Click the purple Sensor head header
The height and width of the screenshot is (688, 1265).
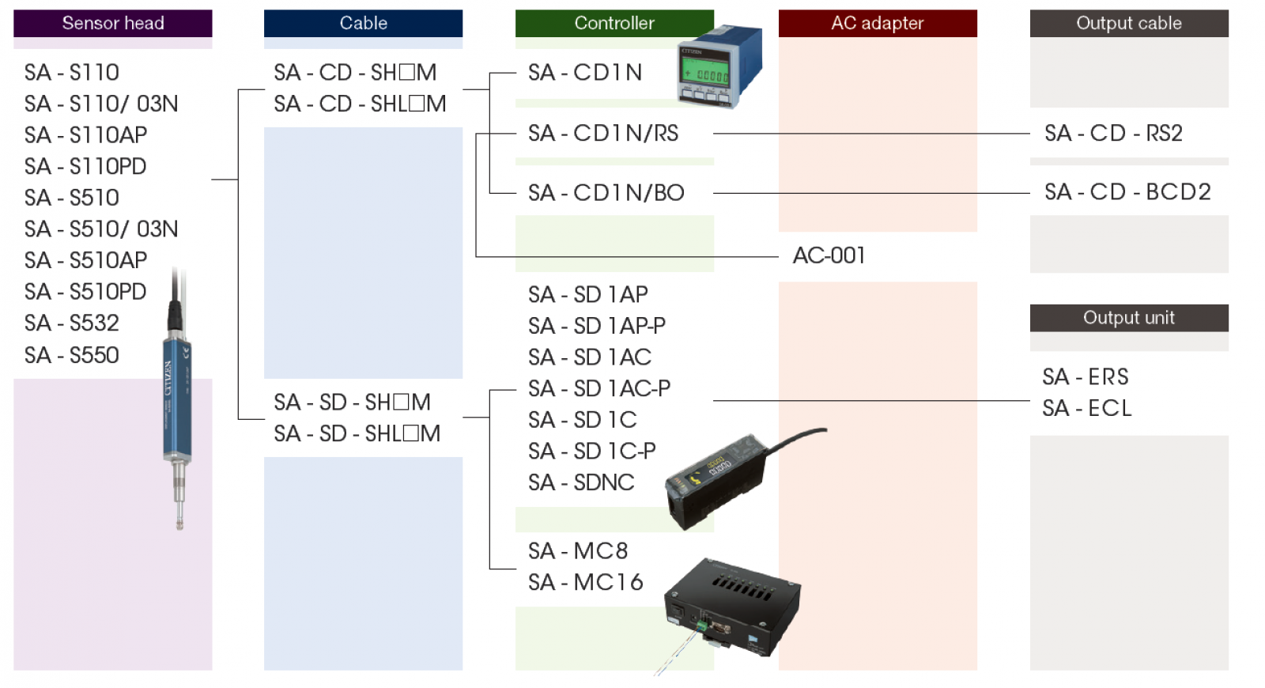113,24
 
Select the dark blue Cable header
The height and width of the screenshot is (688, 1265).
363,24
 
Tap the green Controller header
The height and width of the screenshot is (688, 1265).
614,24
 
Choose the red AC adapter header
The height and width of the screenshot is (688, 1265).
878,24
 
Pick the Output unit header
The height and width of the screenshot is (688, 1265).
1129,318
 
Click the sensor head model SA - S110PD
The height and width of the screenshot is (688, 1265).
85,167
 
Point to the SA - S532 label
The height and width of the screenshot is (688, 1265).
72,323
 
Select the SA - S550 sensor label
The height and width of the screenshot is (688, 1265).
72,356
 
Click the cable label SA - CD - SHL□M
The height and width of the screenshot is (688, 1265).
360,104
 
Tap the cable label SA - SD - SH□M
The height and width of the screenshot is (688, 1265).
352,403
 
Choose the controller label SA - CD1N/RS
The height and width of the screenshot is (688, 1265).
603,134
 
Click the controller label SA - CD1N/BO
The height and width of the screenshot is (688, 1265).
606,193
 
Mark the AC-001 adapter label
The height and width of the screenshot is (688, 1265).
829,256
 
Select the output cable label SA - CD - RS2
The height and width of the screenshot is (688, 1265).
1113,134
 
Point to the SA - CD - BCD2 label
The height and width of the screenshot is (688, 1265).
1127,192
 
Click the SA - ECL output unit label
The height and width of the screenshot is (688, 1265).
1087,409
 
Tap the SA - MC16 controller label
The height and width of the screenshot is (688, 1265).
586,583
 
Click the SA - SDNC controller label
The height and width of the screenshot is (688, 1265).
581,482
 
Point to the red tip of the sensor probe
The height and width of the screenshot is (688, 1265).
180,524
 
